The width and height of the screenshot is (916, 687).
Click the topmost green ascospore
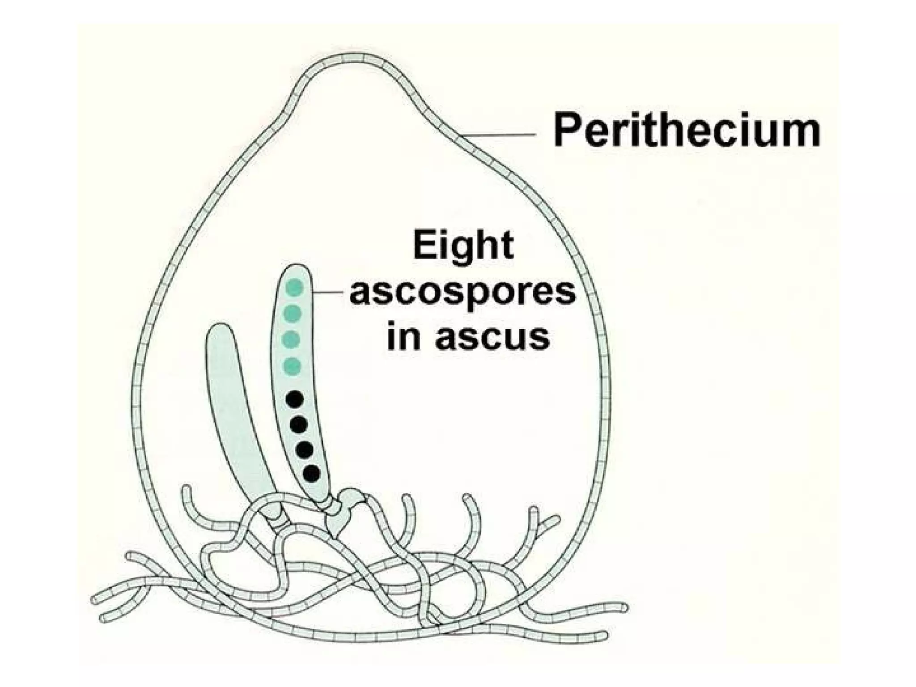295,287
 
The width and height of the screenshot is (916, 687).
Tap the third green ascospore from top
292,339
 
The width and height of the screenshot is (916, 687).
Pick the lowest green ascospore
292,366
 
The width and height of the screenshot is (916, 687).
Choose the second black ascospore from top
298,424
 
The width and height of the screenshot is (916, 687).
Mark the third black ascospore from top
304,449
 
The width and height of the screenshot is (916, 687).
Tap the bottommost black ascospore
311,473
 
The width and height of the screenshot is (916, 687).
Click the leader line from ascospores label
329,293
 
